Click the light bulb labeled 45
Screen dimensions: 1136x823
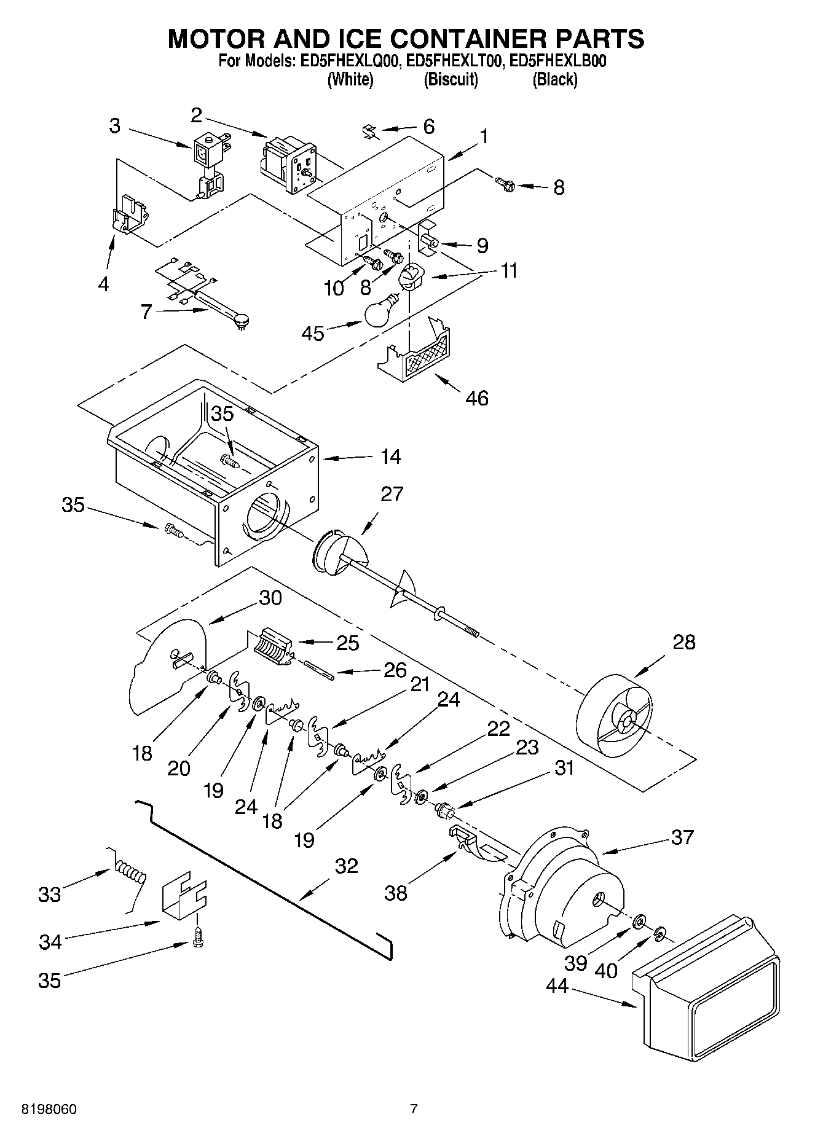point(382,312)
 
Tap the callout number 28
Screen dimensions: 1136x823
point(683,642)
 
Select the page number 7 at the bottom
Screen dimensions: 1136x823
point(414,1109)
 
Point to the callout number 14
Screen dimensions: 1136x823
point(390,456)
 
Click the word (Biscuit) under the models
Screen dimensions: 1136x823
point(451,79)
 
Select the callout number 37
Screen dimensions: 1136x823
point(682,837)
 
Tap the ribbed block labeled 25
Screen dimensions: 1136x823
point(271,646)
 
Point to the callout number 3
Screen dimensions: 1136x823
point(115,125)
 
